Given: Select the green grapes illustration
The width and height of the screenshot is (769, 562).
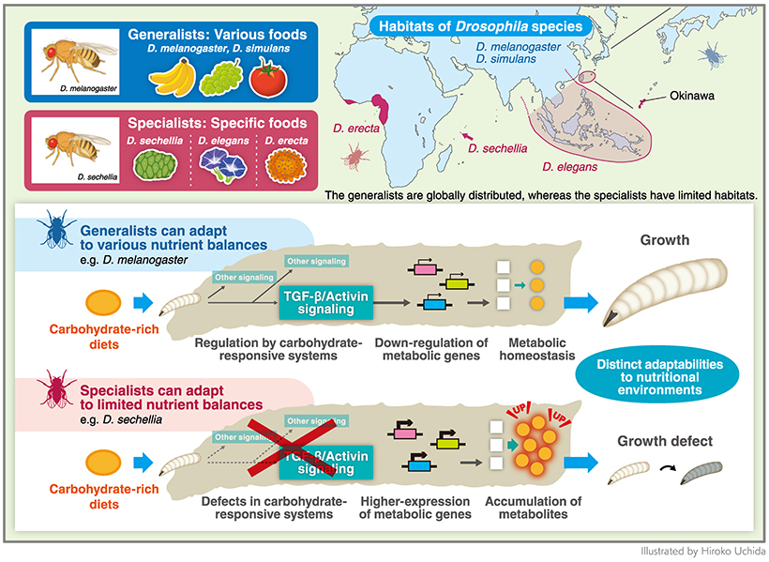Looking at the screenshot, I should coord(223,77).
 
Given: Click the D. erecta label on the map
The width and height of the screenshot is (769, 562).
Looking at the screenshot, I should coord(354,128).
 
